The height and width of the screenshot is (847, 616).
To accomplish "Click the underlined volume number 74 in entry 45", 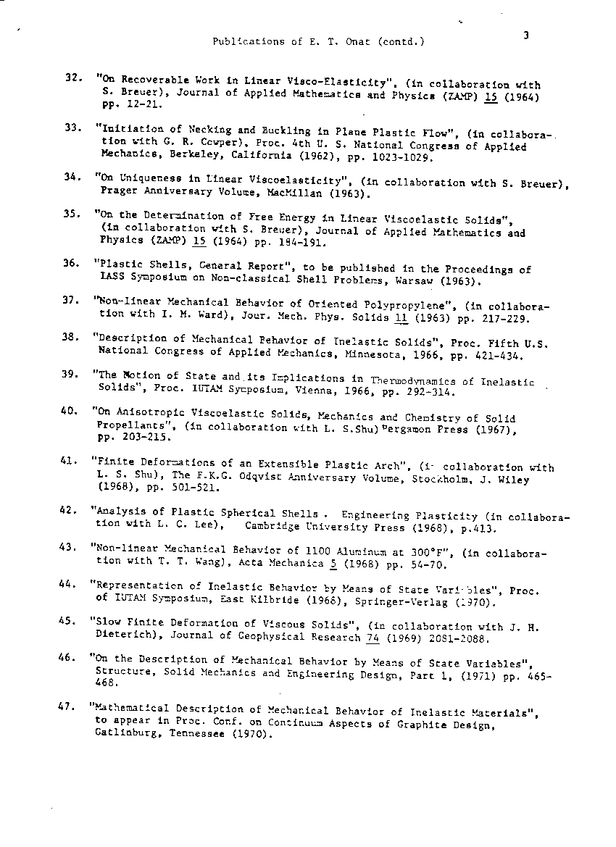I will point(373,637).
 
